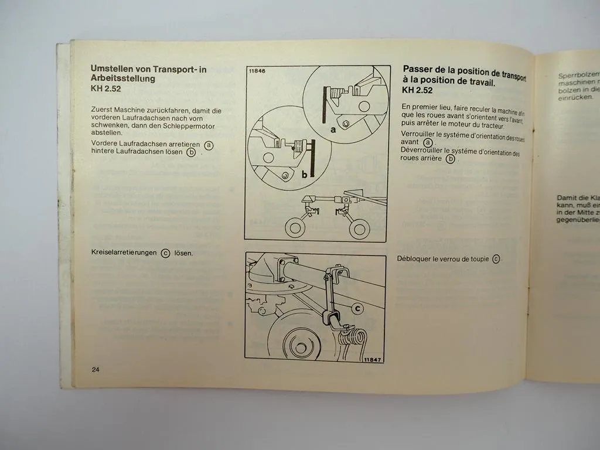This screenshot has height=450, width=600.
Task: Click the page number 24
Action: point(96,369)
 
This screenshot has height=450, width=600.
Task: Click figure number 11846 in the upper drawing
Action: point(257,71)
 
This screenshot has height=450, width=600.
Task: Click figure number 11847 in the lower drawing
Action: point(373,359)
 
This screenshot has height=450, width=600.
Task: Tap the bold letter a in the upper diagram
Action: point(333,130)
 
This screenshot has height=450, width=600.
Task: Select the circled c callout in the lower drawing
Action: point(357,309)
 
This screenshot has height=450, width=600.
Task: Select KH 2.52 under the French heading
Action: point(417,90)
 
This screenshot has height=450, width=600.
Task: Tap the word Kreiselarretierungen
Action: point(124,253)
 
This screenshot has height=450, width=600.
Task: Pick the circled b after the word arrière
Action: point(450,158)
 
